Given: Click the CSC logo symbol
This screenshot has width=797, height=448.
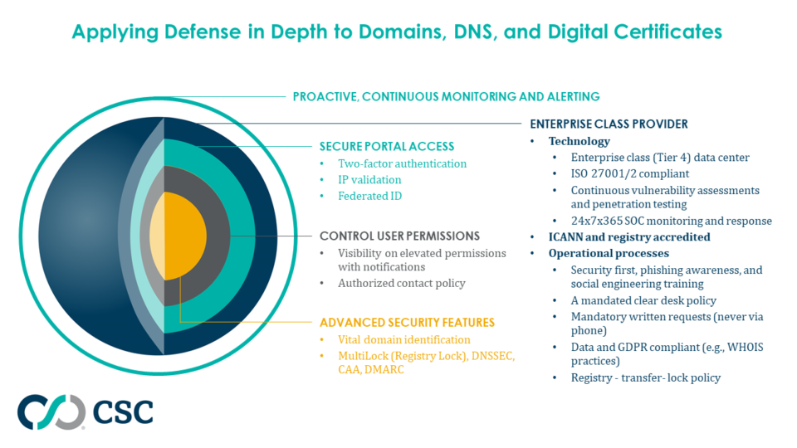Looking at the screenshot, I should pyautogui.click(x=51, y=412).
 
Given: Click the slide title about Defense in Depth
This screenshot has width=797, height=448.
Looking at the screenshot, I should pyautogui.click(x=397, y=32).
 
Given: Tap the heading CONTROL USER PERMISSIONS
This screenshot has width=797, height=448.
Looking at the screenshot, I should pyautogui.click(x=399, y=236).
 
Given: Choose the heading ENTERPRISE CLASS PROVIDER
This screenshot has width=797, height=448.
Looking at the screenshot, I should pyautogui.click(x=609, y=124).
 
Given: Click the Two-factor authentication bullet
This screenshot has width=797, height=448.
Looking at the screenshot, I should pyautogui.click(x=402, y=163).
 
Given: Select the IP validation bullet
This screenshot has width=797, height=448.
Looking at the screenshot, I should pyautogui.click(x=369, y=180).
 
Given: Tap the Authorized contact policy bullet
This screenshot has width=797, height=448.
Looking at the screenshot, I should pyautogui.click(x=402, y=283).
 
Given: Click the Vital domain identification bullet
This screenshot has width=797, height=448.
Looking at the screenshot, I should pyautogui.click(x=403, y=339).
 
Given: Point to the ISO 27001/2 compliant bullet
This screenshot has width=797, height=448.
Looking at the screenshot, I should pyautogui.click(x=629, y=174).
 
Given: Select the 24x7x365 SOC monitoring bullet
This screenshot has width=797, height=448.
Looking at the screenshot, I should pyautogui.click(x=671, y=221).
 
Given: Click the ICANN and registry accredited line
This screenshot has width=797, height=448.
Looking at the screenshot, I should pyautogui.click(x=629, y=237).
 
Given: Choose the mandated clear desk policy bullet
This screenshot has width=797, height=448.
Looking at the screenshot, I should pyautogui.click(x=643, y=300).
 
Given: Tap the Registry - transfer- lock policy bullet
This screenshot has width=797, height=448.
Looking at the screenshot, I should pyautogui.click(x=645, y=377).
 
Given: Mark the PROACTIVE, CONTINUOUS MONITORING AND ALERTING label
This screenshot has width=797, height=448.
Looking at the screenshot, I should pyautogui.click(x=446, y=96).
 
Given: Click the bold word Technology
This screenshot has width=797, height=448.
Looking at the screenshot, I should pyautogui.click(x=579, y=141).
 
